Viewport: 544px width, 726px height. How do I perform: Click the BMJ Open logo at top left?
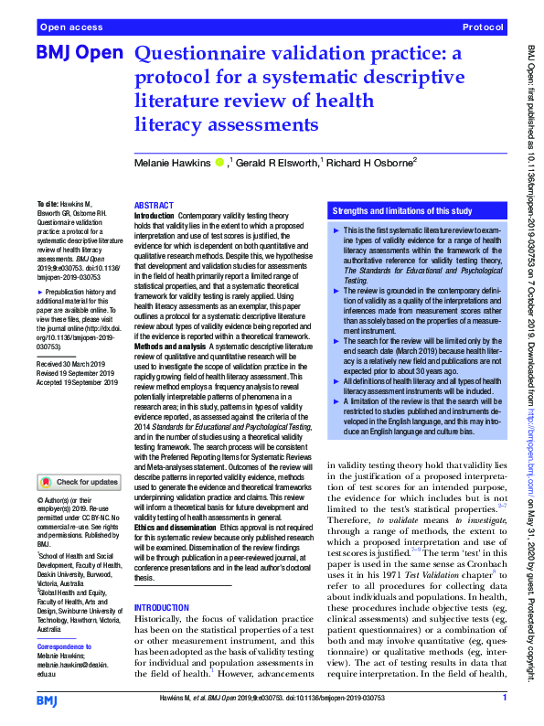click(x=79, y=54)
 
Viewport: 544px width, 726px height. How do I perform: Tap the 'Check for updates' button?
click(x=79, y=482)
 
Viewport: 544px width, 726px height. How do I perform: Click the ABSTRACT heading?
click(x=154, y=207)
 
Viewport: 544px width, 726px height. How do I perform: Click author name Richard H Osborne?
click(x=369, y=162)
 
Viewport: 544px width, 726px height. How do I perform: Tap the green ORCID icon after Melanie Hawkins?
click(x=219, y=162)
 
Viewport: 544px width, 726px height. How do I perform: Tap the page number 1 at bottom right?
click(x=504, y=699)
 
